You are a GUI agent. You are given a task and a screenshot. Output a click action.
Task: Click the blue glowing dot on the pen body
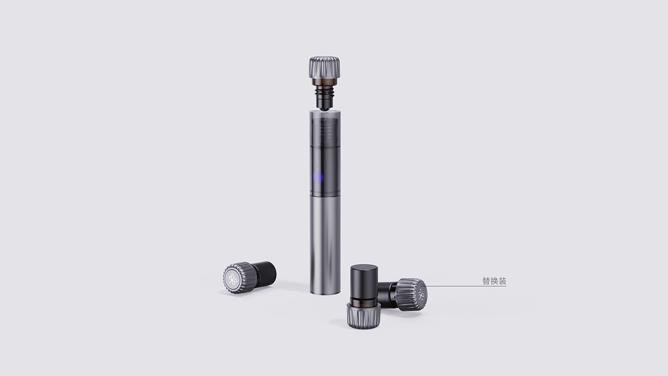pos(318,178)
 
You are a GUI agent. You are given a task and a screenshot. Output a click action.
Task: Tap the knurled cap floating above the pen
pos(324,67)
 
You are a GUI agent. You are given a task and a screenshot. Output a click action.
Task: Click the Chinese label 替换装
pos(494,281)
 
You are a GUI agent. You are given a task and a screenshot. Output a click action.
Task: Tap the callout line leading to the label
pos(465,286)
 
